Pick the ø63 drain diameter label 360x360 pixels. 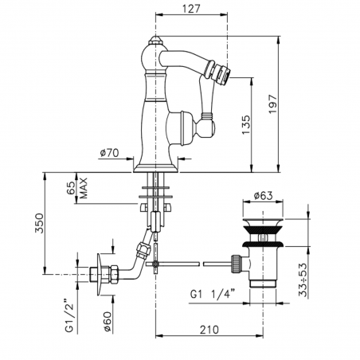(x=264, y=194)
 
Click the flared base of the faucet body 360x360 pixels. (x=155, y=162)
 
